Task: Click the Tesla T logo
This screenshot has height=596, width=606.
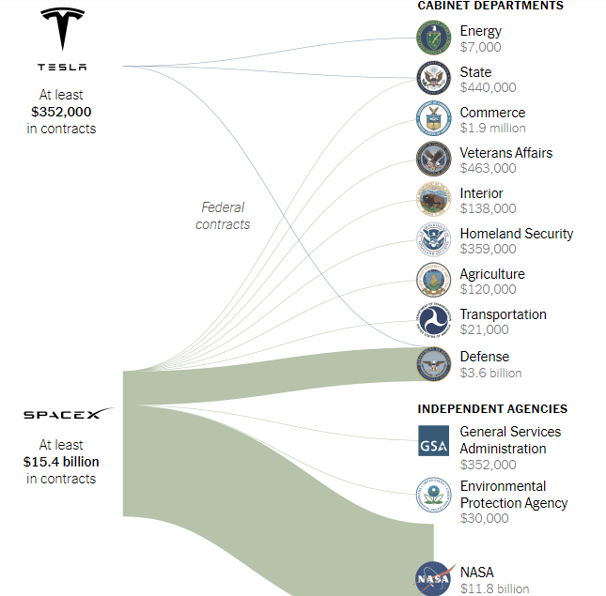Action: click(63, 28)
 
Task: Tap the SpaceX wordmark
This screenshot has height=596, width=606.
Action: click(69, 413)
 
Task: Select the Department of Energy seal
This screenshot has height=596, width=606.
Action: click(434, 38)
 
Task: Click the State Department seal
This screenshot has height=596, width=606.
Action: click(434, 78)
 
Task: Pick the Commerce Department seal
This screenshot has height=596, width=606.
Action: click(434, 118)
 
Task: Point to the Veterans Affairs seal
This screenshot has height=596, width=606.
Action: click(434, 159)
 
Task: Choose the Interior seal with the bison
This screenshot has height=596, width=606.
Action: click(434, 199)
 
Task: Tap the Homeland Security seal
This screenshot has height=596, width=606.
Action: click(434, 239)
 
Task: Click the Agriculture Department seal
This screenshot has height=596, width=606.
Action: click(434, 280)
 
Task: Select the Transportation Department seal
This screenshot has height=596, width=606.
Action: click(434, 320)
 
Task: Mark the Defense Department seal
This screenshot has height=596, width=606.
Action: click(434, 364)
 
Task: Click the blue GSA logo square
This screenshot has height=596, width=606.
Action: click(434, 441)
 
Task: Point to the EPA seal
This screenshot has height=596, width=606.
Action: click(434, 495)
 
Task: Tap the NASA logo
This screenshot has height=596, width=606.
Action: click(434, 578)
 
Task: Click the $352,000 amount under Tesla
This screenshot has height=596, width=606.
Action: click(61, 112)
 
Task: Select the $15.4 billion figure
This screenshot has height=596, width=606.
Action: click(61, 462)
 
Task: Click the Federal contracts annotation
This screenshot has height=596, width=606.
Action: click(223, 216)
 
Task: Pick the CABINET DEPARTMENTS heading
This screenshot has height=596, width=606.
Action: click(490, 6)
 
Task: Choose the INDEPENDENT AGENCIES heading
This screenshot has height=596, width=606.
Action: click(492, 409)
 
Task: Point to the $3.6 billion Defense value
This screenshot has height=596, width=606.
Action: click(490, 373)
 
